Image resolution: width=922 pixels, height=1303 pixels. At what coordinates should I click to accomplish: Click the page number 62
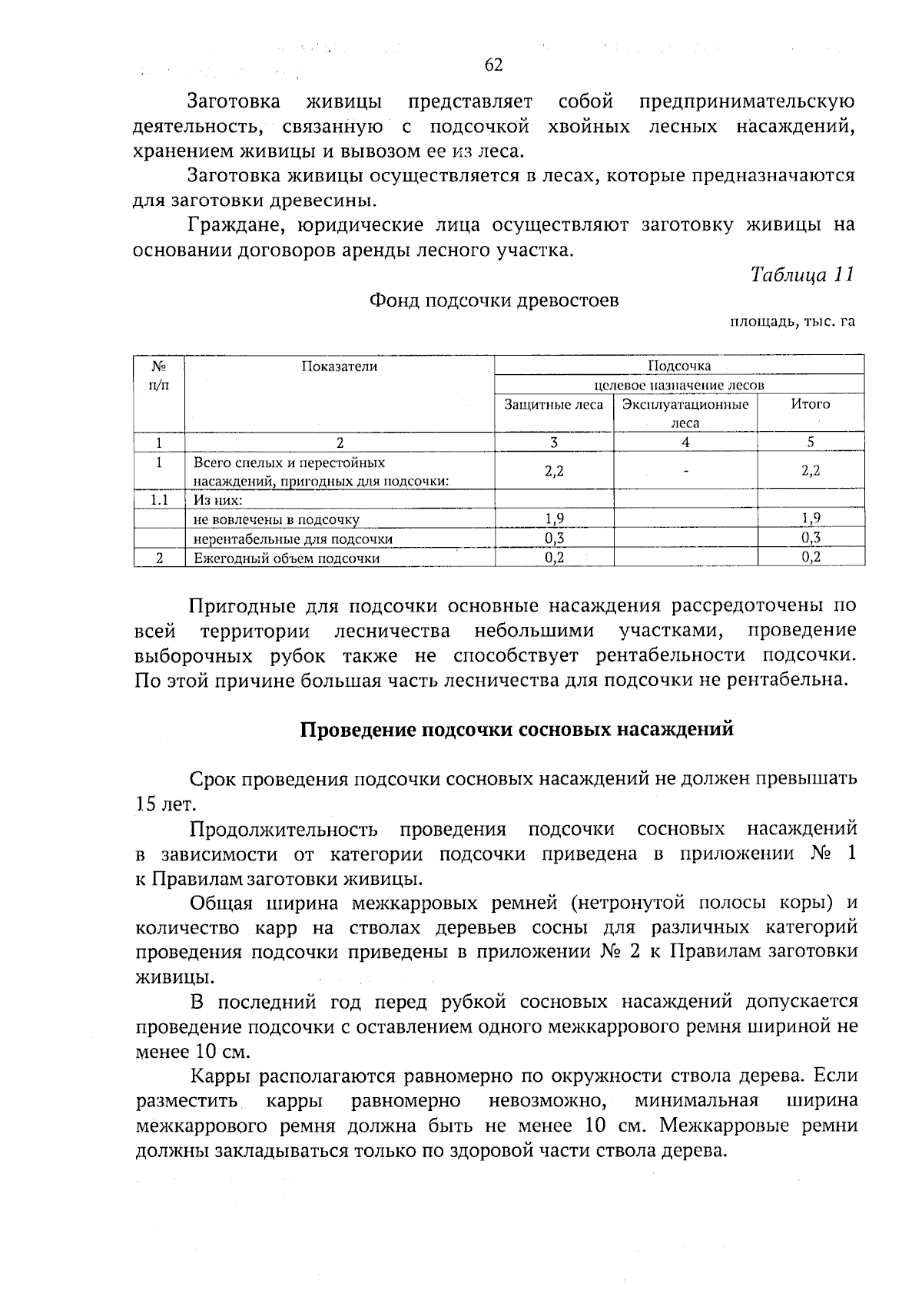493,65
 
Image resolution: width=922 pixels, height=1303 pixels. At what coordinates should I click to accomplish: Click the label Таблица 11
801,275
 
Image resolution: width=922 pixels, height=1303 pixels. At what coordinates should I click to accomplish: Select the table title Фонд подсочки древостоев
494,300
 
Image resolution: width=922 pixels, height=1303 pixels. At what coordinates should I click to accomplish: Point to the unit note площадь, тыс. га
791,322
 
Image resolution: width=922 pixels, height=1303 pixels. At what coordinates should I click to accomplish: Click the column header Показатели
339,367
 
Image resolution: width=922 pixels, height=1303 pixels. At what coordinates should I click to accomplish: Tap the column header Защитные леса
553,404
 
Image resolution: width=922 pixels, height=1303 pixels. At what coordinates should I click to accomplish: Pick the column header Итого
811,404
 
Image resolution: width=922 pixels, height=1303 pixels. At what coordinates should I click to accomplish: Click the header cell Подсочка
679,366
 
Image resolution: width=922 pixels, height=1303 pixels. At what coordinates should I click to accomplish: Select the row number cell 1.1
159,500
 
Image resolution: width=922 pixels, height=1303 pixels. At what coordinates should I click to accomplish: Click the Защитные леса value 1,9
554,519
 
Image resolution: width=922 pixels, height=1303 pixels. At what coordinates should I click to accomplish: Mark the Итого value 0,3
811,539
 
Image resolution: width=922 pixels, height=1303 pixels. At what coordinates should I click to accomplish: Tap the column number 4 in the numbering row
685,442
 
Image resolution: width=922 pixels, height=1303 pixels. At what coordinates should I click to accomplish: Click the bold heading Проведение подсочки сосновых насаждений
516,729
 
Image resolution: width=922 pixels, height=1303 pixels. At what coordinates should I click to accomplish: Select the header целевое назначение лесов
679,385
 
